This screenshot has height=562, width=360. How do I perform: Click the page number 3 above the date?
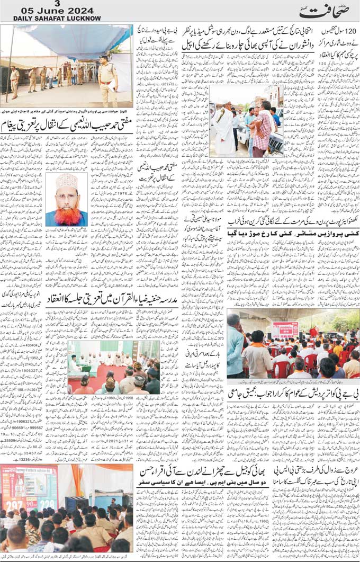[57, 3]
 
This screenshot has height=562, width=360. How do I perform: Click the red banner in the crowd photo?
[285, 329]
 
